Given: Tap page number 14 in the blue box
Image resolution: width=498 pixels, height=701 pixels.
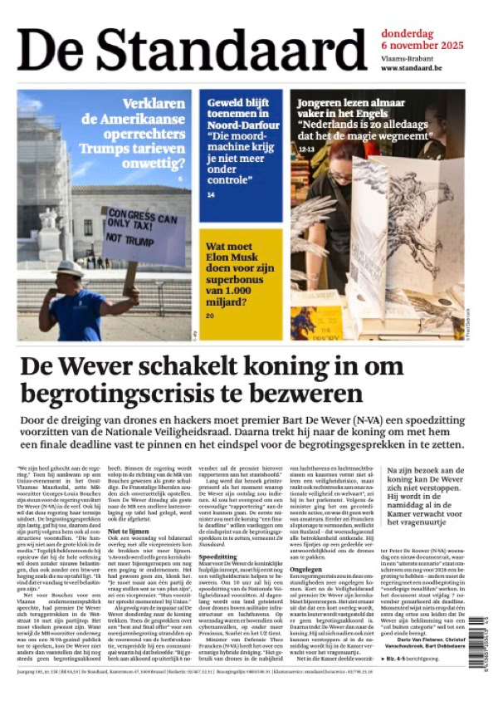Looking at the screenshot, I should pyautogui.click(x=211, y=194).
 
